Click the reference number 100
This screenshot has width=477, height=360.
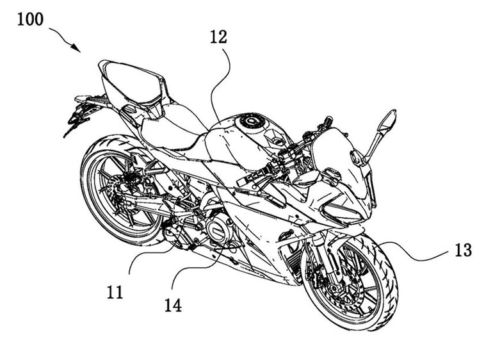(x=30, y=19)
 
